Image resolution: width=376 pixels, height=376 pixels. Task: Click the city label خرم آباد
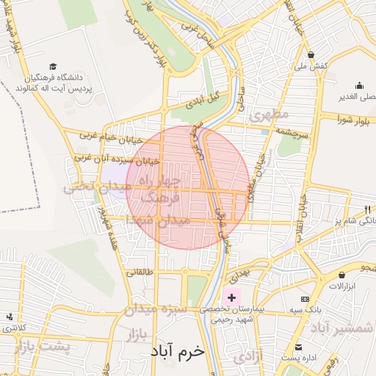tap(179, 351)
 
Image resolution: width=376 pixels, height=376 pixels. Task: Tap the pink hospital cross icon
tap(233, 297)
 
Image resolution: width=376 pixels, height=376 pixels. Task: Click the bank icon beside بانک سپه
tap(305, 300)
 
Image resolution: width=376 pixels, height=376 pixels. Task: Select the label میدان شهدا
tap(158, 220)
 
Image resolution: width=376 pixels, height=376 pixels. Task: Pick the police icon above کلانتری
tap(10, 317)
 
